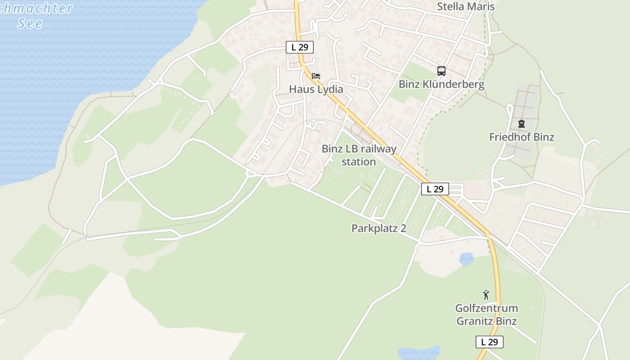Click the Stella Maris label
pos(466,7)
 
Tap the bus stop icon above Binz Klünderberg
pos(441,71)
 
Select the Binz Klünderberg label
pos(441,85)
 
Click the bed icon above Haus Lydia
pos(316,76)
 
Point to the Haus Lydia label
pos(316,89)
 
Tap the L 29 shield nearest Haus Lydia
pos(300,47)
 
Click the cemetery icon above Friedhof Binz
pos(522,123)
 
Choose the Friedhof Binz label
pos(522,137)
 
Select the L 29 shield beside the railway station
pos(435,189)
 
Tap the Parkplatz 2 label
pos(379,228)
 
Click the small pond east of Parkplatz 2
pos(466,259)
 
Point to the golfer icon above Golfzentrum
pos(486,295)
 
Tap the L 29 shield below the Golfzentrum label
pos(490,342)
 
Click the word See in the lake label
pos(30,23)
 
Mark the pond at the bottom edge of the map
pos(419,353)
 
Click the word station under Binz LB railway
pos(359,162)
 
